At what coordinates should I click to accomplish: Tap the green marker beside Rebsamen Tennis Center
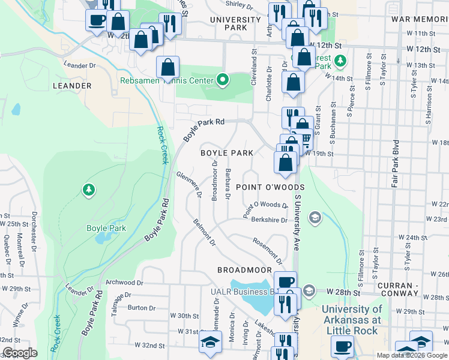[223, 79]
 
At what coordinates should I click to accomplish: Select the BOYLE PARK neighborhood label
[226, 153]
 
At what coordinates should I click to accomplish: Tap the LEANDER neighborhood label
[72, 86]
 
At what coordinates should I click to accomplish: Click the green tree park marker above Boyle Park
[89, 190]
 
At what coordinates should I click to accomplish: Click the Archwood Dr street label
[125, 282]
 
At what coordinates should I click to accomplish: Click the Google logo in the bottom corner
[20, 353]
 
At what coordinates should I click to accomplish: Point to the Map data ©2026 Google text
[411, 355]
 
